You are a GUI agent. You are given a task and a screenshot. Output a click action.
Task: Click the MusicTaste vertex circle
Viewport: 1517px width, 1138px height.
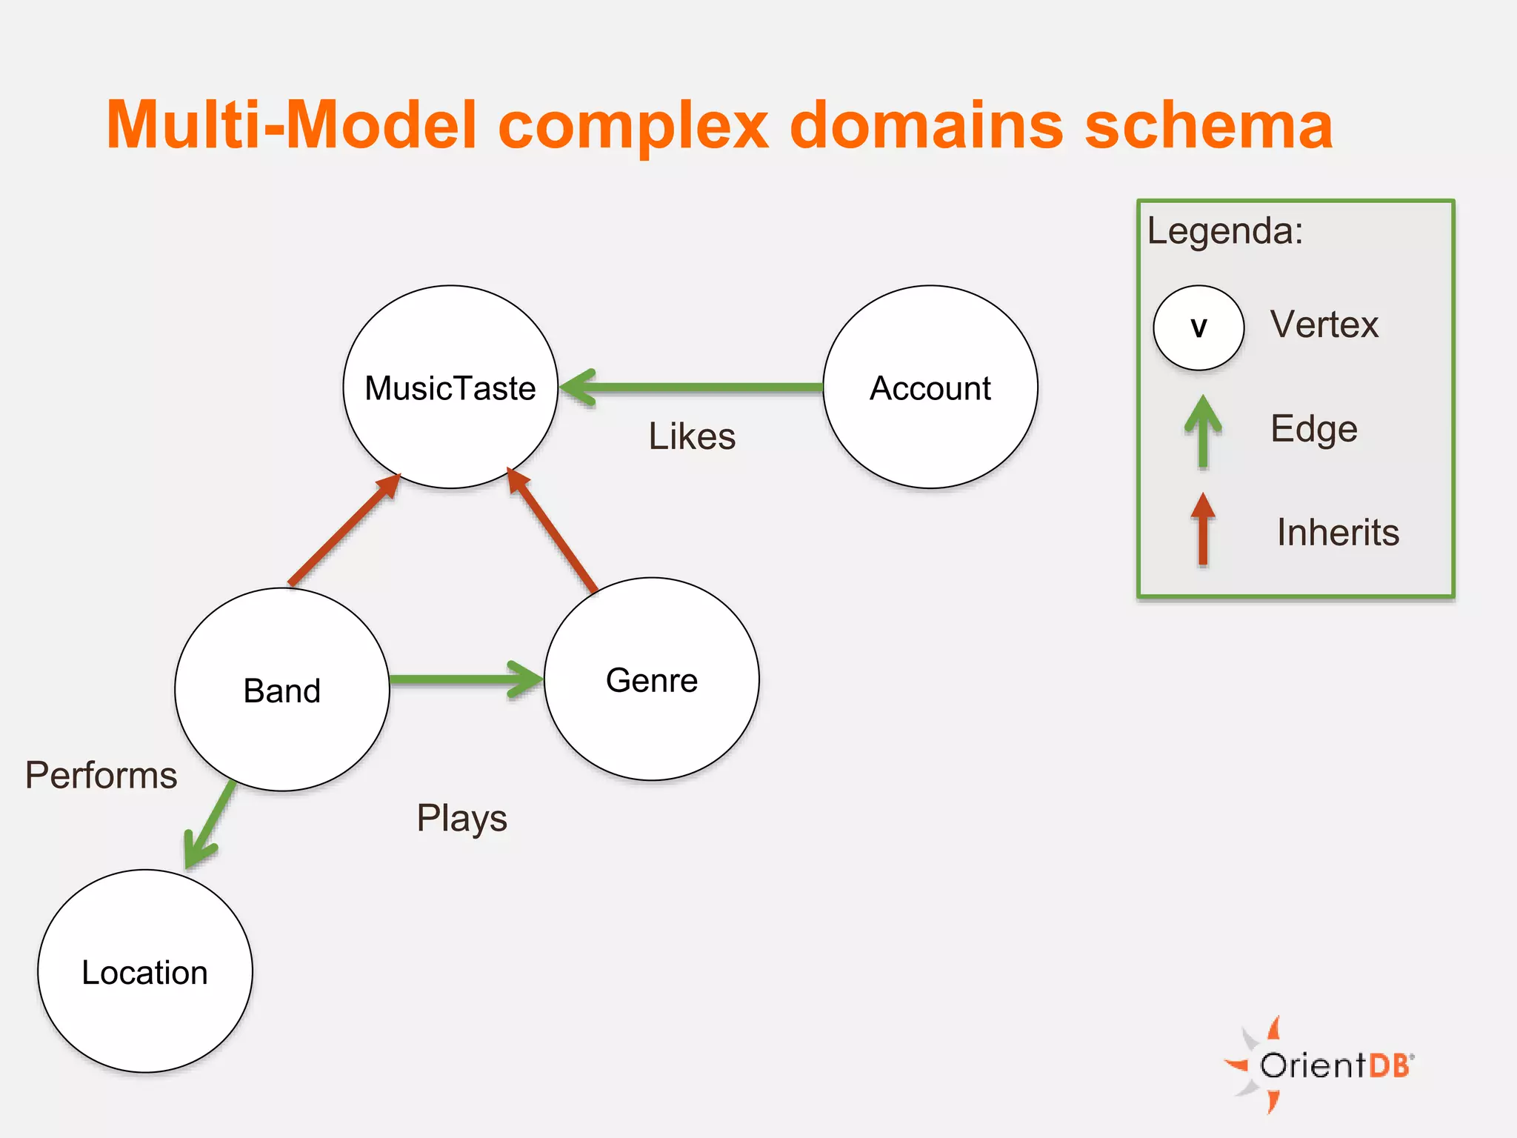tap(450, 387)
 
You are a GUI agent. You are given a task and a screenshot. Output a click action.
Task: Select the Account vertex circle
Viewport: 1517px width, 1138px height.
tap(930, 387)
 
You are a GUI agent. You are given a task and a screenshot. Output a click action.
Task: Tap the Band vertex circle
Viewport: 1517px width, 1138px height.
tap(282, 690)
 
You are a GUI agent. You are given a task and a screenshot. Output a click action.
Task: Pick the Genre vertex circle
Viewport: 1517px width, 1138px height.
tap(652, 679)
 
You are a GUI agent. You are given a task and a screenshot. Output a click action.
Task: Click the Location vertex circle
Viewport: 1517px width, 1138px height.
tap(145, 971)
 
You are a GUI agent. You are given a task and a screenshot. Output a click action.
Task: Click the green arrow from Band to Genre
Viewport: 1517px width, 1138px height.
tap(467, 679)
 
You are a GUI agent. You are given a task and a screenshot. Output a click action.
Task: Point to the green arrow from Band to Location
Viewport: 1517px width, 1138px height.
tap(210, 823)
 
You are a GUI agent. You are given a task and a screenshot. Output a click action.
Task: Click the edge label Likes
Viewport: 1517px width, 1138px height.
tap(692, 436)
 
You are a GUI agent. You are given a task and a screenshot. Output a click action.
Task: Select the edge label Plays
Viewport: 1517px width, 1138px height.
tap(461, 819)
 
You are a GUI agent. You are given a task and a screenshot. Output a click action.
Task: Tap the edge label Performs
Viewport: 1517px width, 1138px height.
tap(101, 775)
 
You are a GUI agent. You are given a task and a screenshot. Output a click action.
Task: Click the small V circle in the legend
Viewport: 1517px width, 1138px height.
tap(1198, 327)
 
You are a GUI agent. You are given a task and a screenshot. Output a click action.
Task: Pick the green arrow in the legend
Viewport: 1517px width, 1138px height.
tap(1203, 432)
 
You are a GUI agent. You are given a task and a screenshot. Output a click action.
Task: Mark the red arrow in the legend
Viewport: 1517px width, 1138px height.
tap(1203, 530)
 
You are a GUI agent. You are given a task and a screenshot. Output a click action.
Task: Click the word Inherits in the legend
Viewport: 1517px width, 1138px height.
tap(1338, 533)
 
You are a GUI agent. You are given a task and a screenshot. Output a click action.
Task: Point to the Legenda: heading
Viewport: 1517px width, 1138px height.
tap(1225, 230)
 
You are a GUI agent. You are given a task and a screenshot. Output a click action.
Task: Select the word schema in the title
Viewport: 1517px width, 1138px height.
tap(1208, 125)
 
